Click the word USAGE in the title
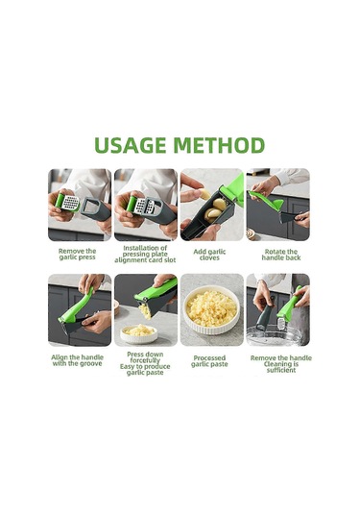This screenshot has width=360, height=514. pos(130,145)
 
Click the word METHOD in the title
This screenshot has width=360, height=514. pos(219,145)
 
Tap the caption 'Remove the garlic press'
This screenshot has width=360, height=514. pos(78,254)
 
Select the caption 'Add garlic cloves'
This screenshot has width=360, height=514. pos(209,255)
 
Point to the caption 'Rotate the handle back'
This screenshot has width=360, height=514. pos(281,255)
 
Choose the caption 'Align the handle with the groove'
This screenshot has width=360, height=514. pos(78,360)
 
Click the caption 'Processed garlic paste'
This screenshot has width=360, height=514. pos(209,361)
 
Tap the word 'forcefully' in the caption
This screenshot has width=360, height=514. pos(145,360)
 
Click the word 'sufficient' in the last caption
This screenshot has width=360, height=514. pos(281,370)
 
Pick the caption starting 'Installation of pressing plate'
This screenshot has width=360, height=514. pos(145,254)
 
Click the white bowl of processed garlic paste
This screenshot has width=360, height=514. pos(211,310)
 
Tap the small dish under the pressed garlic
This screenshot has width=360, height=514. pos(139,333)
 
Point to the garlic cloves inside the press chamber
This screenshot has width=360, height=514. pos(214,208)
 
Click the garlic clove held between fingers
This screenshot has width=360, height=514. pos(205,194)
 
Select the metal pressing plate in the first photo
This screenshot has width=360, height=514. pos(70,203)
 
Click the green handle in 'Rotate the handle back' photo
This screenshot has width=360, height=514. pos(266,200)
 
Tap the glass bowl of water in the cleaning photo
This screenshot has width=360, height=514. pos(275,335)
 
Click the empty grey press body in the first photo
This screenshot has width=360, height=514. pos(96,209)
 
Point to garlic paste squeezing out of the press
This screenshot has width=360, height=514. pos(144,310)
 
